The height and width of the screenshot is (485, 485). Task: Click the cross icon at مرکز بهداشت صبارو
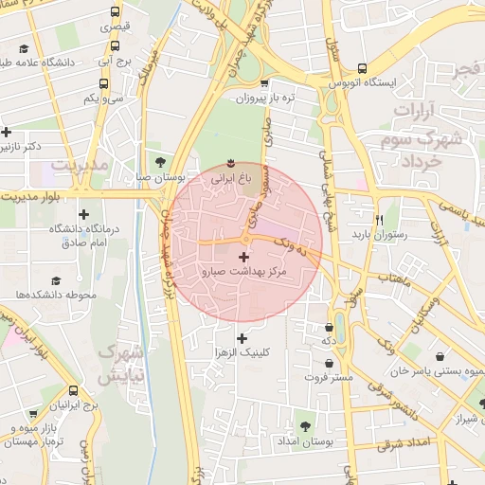244,257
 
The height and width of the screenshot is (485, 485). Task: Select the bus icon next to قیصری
115,13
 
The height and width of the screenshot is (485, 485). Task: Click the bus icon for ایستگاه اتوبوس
361,68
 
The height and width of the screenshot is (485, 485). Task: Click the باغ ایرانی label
232,176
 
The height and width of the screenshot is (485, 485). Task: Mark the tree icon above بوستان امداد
304,426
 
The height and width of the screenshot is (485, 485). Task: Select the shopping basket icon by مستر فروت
328,363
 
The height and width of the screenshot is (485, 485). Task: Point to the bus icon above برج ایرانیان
75,390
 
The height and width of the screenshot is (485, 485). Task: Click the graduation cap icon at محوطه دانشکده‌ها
56,280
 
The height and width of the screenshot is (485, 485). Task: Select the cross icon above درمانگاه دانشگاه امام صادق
84,214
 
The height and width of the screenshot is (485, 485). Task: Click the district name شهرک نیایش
121,362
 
